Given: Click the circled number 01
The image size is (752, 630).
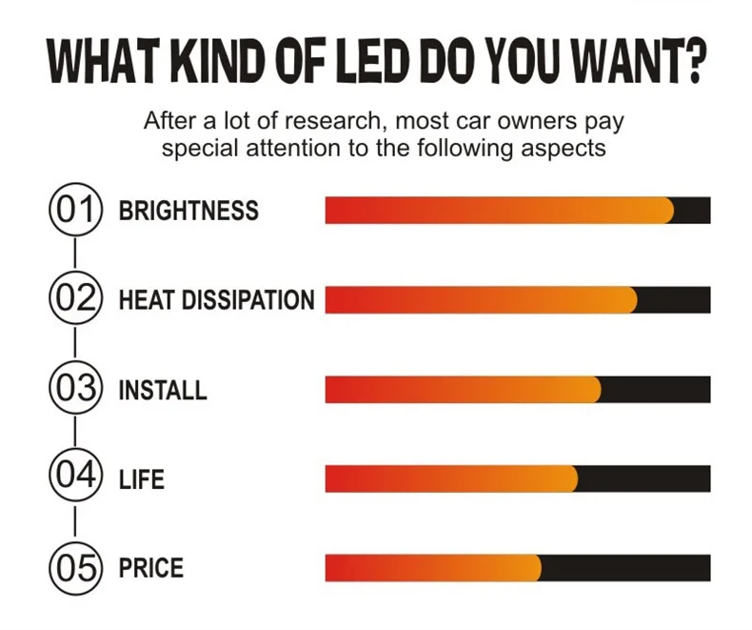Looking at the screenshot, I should click(74, 210).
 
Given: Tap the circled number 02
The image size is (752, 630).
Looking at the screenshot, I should click(74, 299).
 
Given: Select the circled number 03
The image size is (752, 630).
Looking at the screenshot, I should click(74, 389).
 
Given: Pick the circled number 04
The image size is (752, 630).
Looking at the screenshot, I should click(74, 478).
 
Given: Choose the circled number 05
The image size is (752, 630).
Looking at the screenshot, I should click(74, 568).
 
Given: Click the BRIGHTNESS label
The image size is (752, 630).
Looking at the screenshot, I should click(188, 211).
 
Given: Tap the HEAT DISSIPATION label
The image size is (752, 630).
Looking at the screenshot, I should click(216, 300).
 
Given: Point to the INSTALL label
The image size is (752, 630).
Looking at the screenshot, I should click(162, 390).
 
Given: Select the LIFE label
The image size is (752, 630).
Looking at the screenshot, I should click(141, 478).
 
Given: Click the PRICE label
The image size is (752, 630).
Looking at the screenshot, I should click(150, 568).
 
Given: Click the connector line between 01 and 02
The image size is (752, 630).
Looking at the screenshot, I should click(74, 254).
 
